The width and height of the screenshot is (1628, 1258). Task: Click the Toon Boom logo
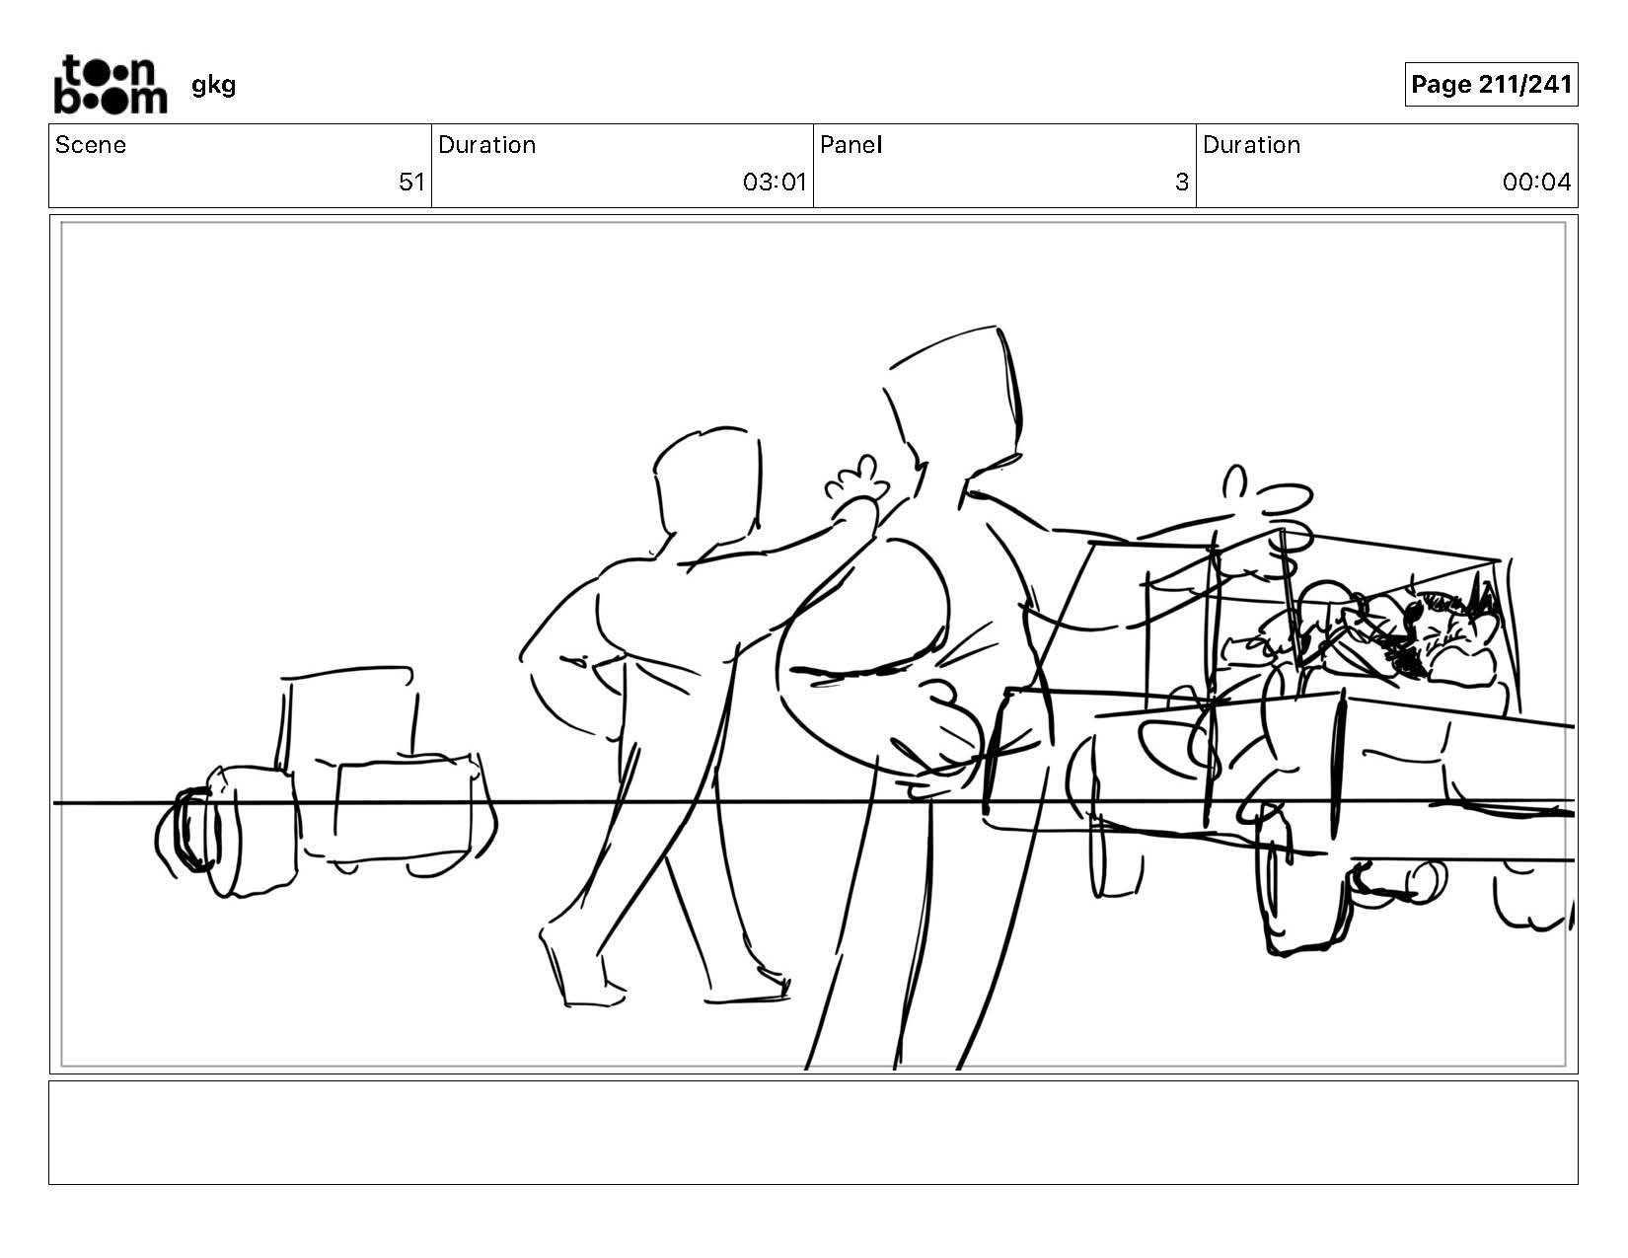(111, 84)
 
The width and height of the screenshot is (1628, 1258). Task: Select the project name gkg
(213, 86)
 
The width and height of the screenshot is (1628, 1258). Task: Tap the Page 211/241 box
(1490, 84)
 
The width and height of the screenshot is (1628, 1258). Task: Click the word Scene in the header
(91, 145)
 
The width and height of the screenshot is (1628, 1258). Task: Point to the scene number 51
(411, 183)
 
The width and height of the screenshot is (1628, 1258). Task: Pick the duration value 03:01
(774, 183)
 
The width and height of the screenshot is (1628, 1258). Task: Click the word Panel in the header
(851, 145)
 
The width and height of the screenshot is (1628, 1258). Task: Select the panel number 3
(1181, 183)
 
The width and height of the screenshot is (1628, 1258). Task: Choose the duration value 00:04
(1536, 183)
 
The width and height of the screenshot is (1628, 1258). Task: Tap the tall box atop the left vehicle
(348, 715)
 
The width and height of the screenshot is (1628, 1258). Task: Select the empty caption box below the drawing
(814, 1132)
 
